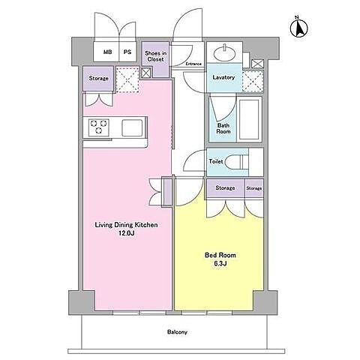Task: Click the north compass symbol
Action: [298, 27]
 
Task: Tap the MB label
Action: [108, 52]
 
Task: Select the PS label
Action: [127, 52]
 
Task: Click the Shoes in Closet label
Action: [155, 56]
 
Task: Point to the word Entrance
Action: [193, 64]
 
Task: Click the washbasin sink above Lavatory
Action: [225, 52]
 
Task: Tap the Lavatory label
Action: [223, 77]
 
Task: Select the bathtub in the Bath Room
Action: [249, 119]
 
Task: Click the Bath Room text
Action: [223, 128]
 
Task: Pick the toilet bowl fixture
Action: [234, 162]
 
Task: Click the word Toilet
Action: [216, 161]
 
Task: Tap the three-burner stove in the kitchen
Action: [99, 127]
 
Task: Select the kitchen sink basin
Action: [132, 128]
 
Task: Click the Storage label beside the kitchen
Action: [98, 78]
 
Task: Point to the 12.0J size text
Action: [127, 234]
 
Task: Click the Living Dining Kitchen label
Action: [126, 225]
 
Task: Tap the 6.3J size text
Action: [220, 264]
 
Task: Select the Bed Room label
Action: [220, 255]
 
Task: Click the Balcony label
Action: [177, 332]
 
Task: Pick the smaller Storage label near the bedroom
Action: [254, 188]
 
